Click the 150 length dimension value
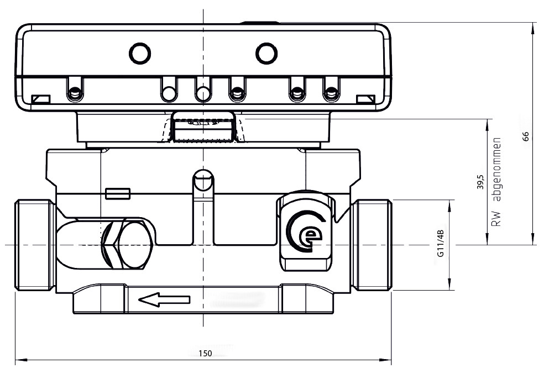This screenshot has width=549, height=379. pos(205,354)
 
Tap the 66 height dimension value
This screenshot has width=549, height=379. pos(526,136)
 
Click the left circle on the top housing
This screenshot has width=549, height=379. pos(140,53)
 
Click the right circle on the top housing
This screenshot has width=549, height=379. pos(266,53)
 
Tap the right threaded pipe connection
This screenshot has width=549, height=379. pos(374,244)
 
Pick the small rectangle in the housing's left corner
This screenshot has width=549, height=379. pos(40,99)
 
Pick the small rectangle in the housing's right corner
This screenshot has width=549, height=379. pos(365,99)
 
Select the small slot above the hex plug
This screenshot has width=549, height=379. pos(117,193)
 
